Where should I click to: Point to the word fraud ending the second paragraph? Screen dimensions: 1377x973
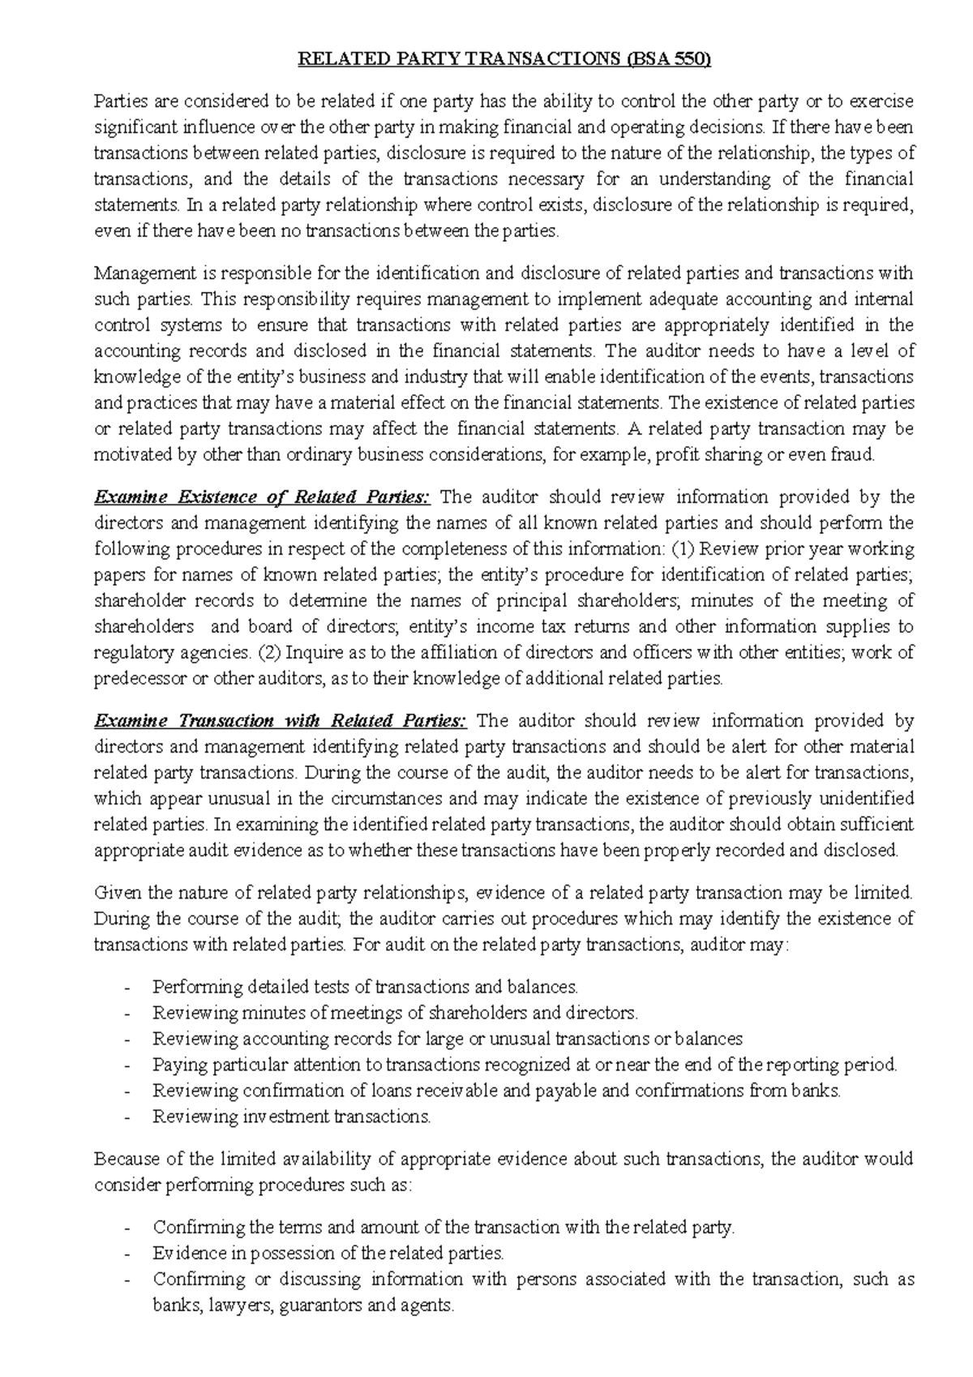853,455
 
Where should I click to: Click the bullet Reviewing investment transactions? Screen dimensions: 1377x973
292,1117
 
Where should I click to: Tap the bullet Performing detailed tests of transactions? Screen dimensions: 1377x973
365,987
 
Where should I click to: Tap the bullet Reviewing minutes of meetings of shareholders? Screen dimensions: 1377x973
396,1013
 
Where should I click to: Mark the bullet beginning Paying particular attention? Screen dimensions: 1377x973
525,1065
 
